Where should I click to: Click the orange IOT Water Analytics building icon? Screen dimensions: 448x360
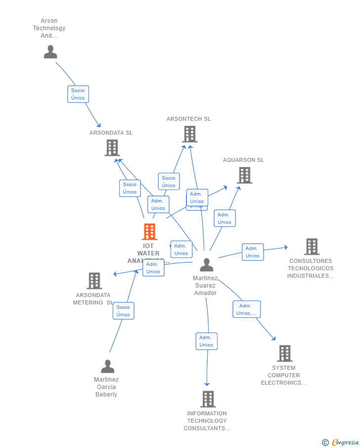[x=149, y=232]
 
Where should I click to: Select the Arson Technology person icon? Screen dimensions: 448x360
[x=50, y=52]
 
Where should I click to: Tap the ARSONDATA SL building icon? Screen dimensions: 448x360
[x=112, y=148]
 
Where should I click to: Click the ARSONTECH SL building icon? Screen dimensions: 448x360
[x=189, y=134]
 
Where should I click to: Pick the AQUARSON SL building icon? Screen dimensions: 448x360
[x=244, y=175]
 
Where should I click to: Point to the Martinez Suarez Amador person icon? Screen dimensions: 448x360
[x=207, y=265]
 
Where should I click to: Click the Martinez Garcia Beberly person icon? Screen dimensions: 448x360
[x=107, y=367]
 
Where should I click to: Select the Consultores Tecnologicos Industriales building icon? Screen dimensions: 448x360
[x=312, y=247]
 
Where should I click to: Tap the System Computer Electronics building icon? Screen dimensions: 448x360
[x=284, y=353]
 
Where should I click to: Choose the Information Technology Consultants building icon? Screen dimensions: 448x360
[x=208, y=399]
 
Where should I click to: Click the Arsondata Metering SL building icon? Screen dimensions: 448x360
[x=94, y=281]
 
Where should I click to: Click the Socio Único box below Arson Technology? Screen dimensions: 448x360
[x=78, y=94]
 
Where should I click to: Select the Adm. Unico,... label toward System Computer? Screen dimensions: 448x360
[x=246, y=309]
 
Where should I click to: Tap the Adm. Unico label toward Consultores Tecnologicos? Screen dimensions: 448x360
[x=253, y=252]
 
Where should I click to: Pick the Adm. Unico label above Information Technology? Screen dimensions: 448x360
[x=206, y=341]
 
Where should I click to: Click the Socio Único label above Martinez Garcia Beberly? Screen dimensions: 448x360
[x=123, y=311]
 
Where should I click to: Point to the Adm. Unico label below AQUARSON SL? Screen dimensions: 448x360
[x=225, y=218]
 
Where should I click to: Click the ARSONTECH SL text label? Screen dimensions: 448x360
[x=188, y=119]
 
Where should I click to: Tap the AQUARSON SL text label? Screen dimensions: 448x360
[x=243, y=160]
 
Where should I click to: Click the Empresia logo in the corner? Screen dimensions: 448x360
[x=341, y=443]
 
